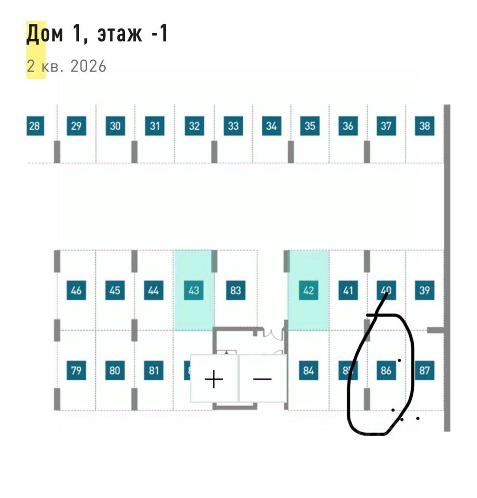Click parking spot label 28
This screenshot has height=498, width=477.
point(34,126)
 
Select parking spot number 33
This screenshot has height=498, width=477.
point(233,126)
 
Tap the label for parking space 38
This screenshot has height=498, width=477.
point(425,126)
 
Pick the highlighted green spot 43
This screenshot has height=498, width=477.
point(193,290)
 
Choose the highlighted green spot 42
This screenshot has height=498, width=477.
point(308,290)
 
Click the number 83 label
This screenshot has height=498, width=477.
point(235,290)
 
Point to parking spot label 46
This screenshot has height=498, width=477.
point(76,290)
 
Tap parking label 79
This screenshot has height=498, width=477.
point(76,370)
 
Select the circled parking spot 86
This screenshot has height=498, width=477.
point(386,370)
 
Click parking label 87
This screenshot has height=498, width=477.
point(425,370)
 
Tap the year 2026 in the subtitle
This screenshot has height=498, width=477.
point(89,66)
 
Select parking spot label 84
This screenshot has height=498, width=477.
point(308,370)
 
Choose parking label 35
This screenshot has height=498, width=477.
point(310,126)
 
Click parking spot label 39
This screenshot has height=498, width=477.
point(425,290)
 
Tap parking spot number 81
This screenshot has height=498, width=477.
point(153,370)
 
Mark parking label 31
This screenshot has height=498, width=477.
point(155,126)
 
